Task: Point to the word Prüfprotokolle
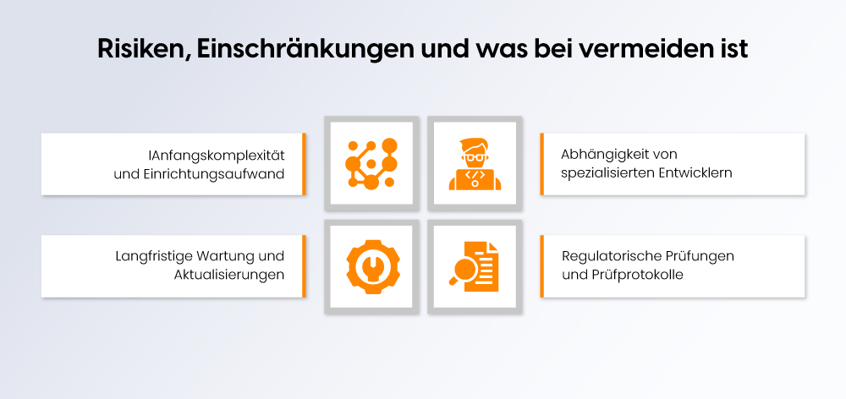click(641, 275)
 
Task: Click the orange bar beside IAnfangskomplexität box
click(304, 164)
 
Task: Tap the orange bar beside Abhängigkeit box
click(542, 164)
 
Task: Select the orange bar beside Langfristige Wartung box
click(304, 266)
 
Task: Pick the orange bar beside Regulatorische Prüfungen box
click(542, 266)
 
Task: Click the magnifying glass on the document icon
click(463, 272)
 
